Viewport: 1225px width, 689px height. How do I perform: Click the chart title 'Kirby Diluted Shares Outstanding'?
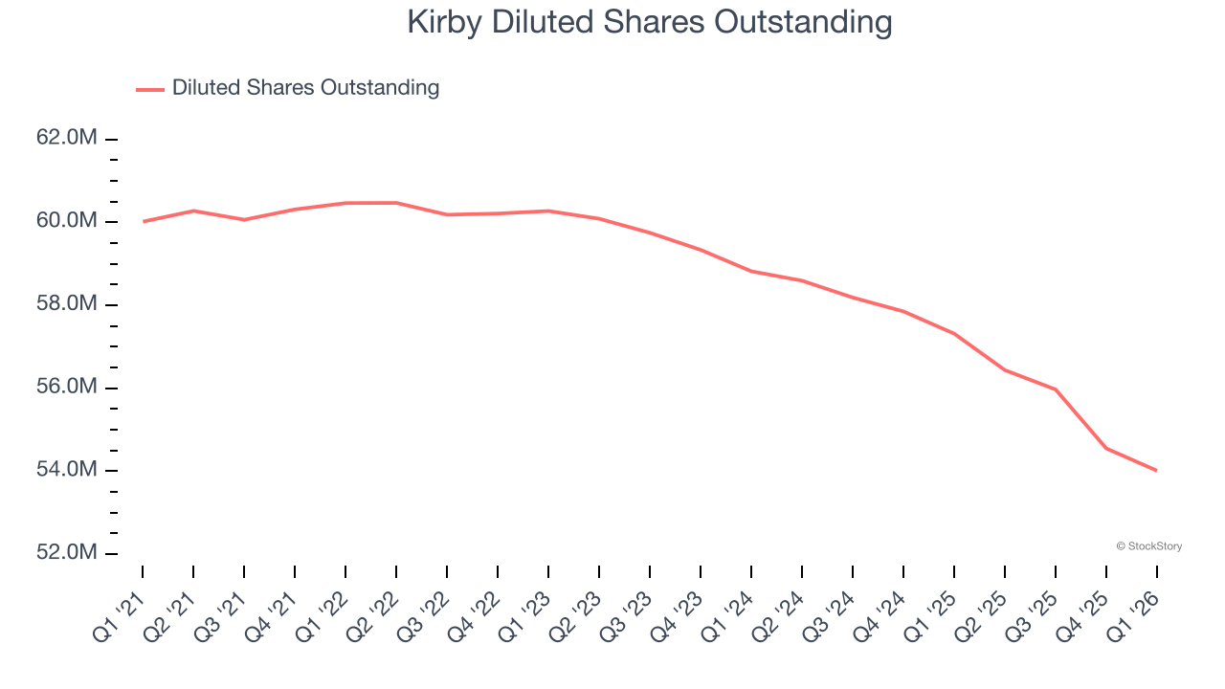650,22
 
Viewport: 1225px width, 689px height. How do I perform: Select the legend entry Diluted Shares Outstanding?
305,88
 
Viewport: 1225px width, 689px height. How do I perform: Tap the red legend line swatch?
150,89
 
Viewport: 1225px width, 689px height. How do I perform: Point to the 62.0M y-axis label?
67,138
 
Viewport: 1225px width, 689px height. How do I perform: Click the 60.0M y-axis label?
67,221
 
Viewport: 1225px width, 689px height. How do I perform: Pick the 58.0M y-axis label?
67,304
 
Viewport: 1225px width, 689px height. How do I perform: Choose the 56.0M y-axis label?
67,387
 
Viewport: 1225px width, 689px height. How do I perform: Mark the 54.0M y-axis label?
67,470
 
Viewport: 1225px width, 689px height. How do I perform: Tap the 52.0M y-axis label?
67,553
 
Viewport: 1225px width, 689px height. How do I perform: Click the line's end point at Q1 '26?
1157,470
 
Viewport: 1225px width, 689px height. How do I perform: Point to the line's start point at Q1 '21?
143,221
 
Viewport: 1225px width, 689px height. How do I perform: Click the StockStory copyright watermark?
1148,546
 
